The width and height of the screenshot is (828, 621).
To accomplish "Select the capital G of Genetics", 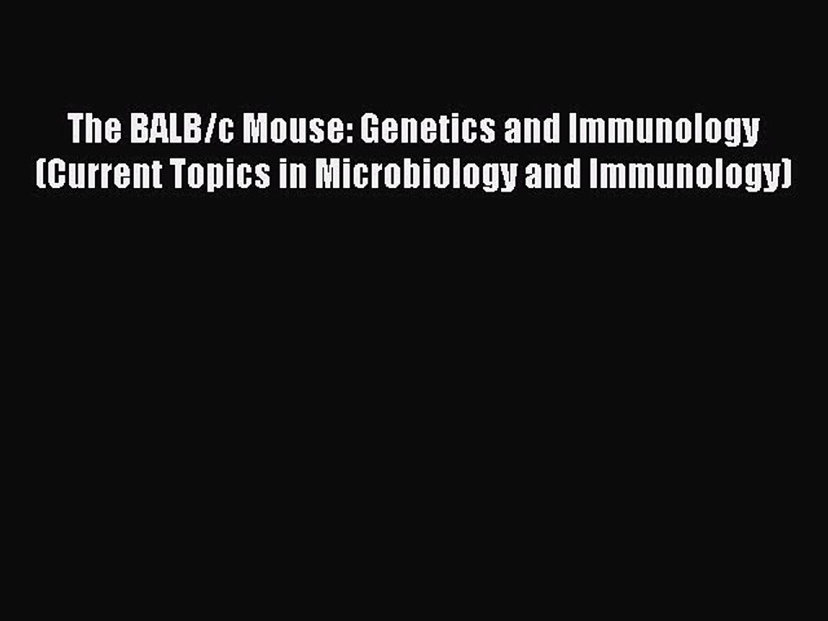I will point(370,130).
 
